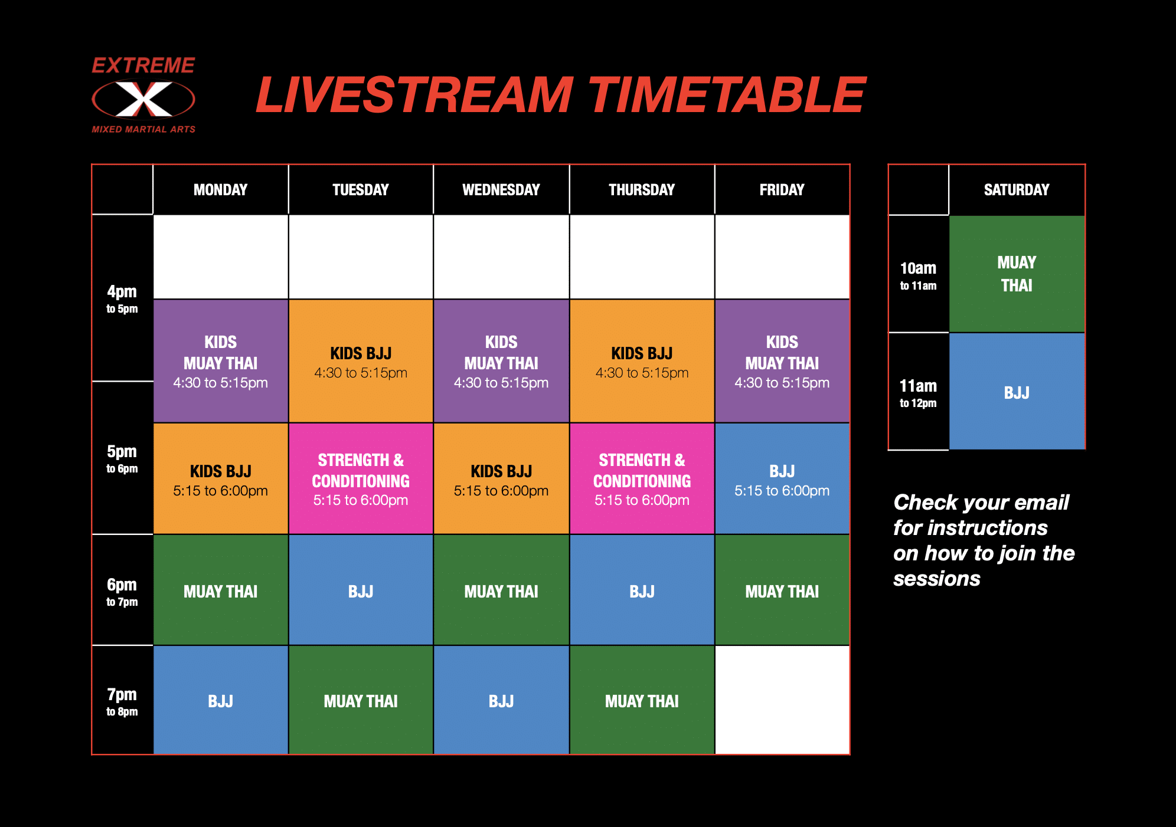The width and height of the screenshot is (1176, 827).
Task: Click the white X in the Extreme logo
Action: pos(143,99)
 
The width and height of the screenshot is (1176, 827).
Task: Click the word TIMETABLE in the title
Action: pos(727,94)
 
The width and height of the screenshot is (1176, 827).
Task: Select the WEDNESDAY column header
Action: pos(501,189)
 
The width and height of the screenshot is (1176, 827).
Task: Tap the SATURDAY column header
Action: pos(1017,189)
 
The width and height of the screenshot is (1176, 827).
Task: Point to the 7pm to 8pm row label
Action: pos(122,701)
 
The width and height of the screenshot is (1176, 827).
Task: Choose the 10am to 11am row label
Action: pos(918,275)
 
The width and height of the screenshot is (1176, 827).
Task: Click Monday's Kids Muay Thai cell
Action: pos(221,361)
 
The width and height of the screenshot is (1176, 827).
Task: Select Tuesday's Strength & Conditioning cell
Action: pos(361,479)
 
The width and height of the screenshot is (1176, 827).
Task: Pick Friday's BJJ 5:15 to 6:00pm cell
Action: pos(782,479)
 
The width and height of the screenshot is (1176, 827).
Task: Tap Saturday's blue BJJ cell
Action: pos(1017,392)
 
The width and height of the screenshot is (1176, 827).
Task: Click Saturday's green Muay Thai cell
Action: pos(1017,274)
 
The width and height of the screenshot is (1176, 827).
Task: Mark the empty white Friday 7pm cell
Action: pos(782,700)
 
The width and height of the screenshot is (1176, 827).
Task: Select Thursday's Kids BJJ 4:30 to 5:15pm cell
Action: pos(642,361)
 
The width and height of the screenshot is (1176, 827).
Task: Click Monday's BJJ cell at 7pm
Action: pos(221,700)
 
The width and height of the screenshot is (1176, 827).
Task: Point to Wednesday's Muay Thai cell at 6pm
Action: pos(501,590)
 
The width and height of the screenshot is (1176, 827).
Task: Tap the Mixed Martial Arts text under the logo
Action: pos(143,129)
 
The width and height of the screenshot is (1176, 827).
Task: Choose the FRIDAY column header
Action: pos(782,189)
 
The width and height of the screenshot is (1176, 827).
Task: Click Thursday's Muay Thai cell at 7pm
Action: pos(642,700)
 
